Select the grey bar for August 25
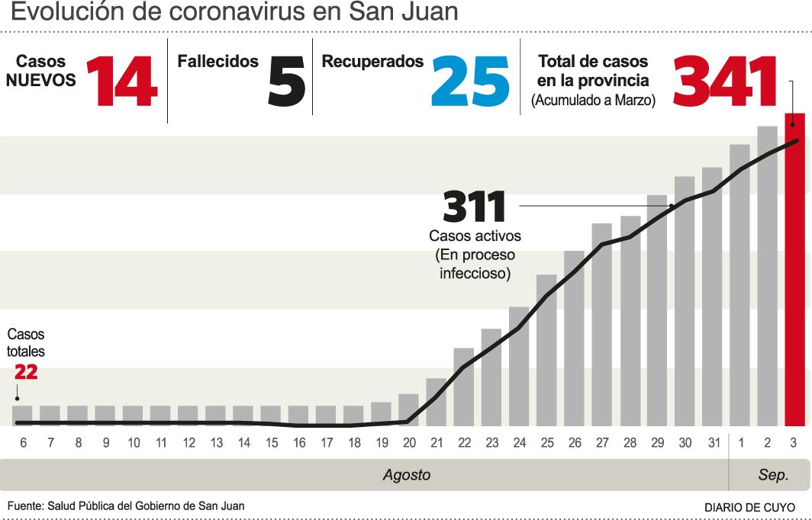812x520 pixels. coord(546,350)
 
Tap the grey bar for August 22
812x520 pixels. coord(463,387)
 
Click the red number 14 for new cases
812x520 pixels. coord(121,82)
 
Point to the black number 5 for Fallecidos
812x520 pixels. coord(286,82)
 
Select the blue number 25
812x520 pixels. coord(470,82)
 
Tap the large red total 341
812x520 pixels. coord(724,82)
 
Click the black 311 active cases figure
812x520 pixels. coord(475,207)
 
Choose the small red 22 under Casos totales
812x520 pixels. coord(26,373)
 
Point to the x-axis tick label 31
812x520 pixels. coord(712,443)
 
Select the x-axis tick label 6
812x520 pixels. coord(23,443)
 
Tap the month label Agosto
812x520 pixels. coord(407,475)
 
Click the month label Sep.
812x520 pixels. coord(772,475)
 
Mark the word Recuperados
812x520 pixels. coord(372,62)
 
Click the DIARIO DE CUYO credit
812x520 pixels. coord(749,507)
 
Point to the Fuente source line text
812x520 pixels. coord(126,506)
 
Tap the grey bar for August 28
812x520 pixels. coord(630,321)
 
